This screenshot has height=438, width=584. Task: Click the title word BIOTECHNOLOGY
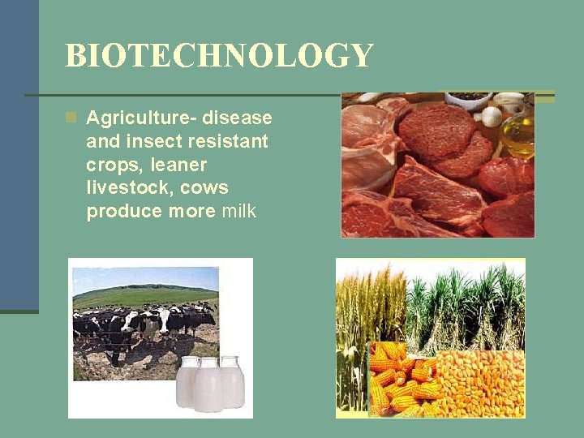click(219, 56)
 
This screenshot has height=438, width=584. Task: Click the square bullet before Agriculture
click(71, 118)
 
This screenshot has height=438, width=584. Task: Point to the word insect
click(155, 142)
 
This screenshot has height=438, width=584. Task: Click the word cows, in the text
click(204, 188)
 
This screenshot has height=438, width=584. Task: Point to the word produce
click(122, 212)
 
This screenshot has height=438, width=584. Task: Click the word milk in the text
click(236, 212)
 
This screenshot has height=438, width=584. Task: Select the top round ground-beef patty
click(438, 130)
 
